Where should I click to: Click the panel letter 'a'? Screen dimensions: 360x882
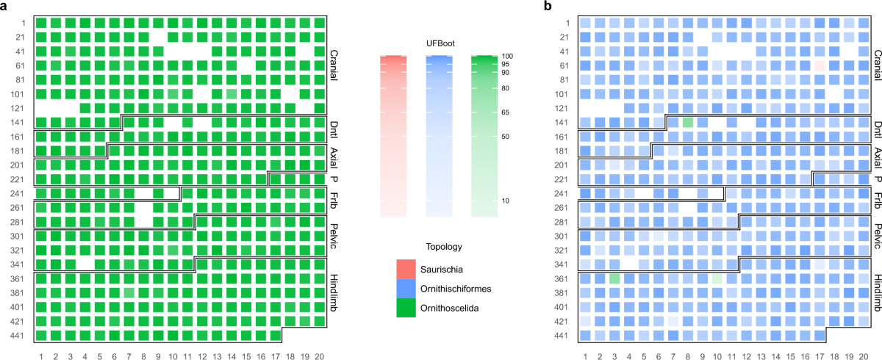4,6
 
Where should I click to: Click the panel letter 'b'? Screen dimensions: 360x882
548,6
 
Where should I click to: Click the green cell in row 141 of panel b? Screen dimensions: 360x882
688,123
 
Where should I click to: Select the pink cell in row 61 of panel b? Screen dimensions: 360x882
820,65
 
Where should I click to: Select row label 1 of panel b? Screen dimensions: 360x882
569,23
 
